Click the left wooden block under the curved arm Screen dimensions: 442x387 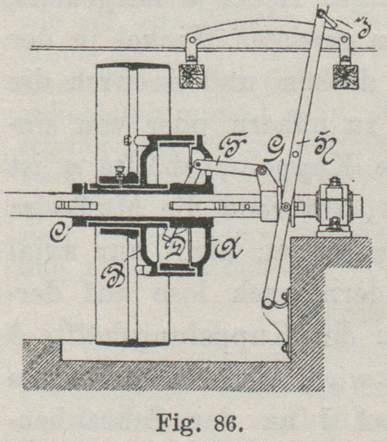192,76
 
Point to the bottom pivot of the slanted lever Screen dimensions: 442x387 268,302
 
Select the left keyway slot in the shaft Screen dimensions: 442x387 76,205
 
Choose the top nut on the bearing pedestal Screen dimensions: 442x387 335,181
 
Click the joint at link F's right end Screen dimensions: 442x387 261,170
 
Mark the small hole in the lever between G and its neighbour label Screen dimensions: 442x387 295,152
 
